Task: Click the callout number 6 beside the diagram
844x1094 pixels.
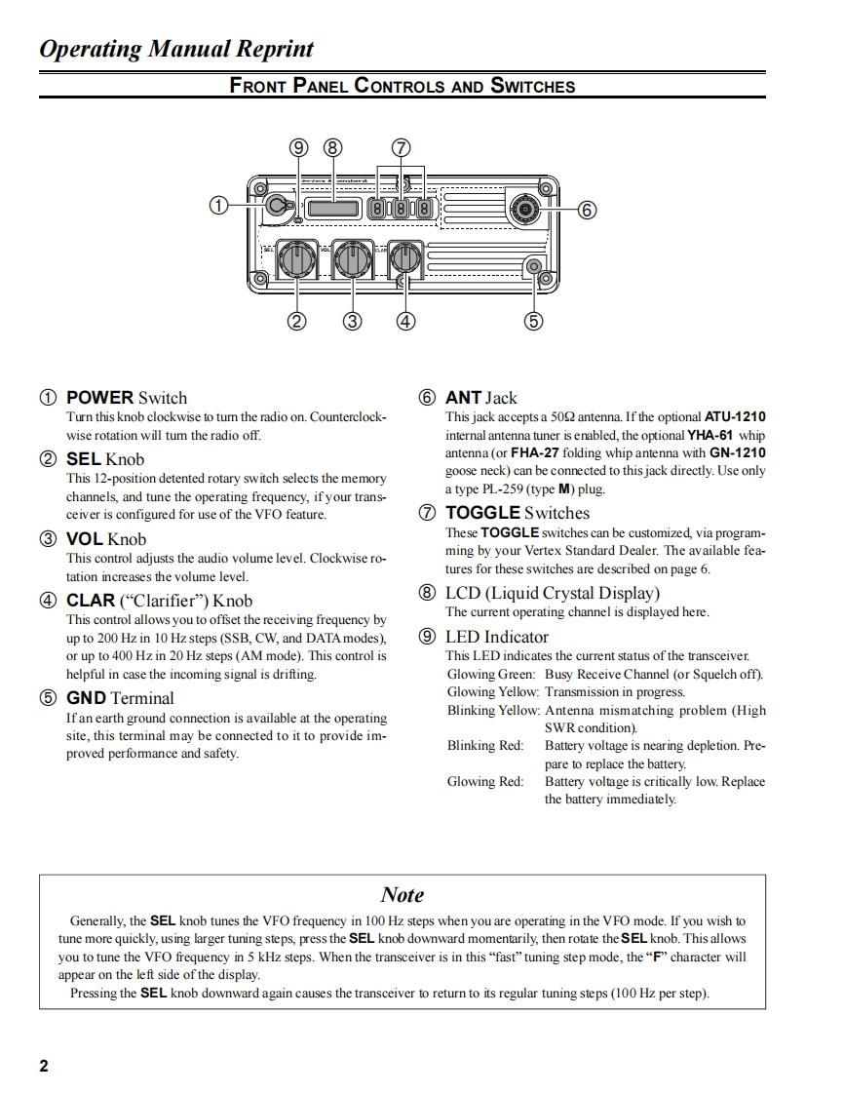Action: point(586,210)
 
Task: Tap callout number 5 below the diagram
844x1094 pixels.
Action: point(533,320)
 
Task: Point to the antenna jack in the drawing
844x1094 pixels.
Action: point(524,209)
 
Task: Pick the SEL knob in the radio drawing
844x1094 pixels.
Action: point(293,260)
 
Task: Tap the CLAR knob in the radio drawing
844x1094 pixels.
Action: point(404,260)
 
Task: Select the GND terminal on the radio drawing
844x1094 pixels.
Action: point(533,267)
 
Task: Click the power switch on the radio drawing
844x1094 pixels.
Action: point(278,205)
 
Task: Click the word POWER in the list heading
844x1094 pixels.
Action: point(99,398)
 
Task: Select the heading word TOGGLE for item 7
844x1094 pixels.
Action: point(482,513)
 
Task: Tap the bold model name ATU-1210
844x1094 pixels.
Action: point(734,417)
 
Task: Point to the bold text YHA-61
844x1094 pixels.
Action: point(710,435)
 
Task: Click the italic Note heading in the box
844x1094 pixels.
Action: point(403,894)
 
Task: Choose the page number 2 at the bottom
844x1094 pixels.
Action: point(44,1066)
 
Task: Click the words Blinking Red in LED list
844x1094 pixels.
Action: point(484,746)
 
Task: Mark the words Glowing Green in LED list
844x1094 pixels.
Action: point(490,674)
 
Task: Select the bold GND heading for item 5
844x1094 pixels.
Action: point(86,698)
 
